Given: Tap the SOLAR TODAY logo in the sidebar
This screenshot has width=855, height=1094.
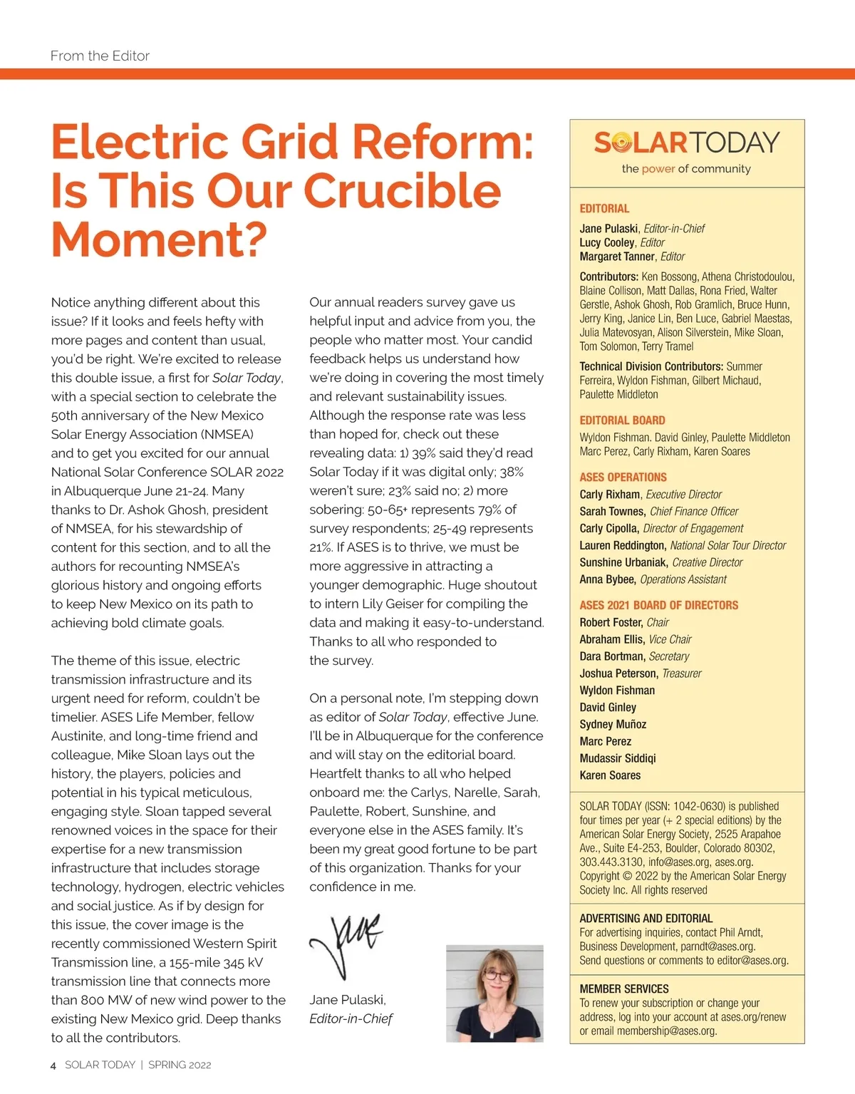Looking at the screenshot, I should (x=687, y=143).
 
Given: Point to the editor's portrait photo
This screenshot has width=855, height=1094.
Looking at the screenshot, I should (x=494, y=994).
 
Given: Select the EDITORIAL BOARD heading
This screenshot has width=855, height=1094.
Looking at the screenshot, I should (x=622, y=420).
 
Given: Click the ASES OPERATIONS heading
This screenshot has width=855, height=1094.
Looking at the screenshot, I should (x=623, y=478).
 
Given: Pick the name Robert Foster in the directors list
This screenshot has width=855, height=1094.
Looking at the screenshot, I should (x=611, y=622).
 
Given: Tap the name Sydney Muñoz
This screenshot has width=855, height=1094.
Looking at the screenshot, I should (x=613, y=724).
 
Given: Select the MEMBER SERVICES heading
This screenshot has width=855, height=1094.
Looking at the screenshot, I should (x=623, y=989).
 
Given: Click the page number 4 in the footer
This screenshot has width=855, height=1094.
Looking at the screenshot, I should (x=53, y=1065).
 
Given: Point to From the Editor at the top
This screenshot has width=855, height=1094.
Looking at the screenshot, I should (x=100, y=56).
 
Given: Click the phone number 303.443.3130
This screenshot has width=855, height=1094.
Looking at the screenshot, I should (x=611, y=862).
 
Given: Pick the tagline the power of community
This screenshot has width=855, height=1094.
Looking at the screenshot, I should (x=686, y=169).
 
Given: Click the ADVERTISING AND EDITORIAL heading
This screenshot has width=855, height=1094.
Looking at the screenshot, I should (x=646, y=919).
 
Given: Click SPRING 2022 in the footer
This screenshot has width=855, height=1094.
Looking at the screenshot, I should (x=180, y=1065).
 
